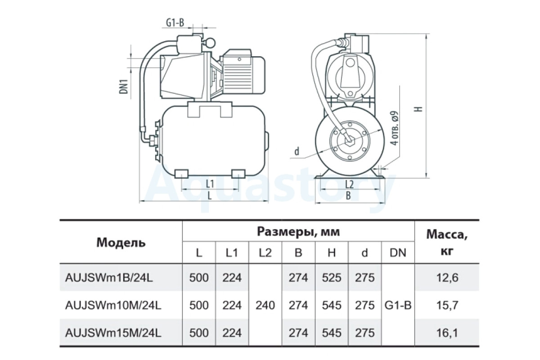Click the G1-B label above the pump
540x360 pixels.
[x=175, y=22]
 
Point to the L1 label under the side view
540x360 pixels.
[x=210, y=184]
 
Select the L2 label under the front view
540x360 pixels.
[x=349, y=184]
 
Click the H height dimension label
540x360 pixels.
[x=420, y=109]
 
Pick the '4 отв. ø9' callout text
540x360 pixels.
[x=394, y=128]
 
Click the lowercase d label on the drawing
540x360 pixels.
[x=297, y=151]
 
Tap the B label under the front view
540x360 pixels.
[x=348, y=196]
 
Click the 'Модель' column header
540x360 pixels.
[x=121, y=243]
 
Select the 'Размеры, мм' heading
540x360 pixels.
[x=298, y=231]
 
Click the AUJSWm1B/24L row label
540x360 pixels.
[x=109, y=278]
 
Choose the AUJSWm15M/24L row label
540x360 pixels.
[x=113, y=333]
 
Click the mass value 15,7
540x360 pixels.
[x=447, y=306]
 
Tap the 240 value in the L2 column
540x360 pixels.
[x=265, y=306]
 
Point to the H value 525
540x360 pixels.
[x=332, y=278]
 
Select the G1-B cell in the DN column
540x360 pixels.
[x=398, y=306]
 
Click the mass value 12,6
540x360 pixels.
[x=447, y=278]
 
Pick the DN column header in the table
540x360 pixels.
[x=398, y=253]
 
